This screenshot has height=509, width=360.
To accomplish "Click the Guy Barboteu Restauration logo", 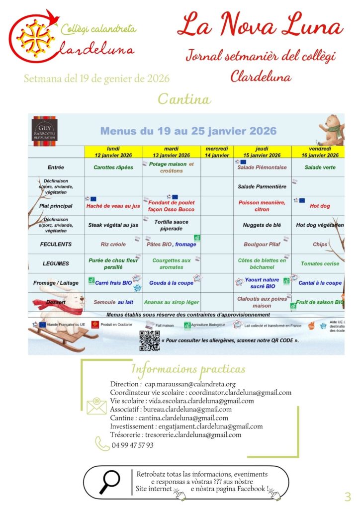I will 45,131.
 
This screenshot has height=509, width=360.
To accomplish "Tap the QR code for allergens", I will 149,340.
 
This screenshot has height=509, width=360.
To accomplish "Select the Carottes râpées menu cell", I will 113,168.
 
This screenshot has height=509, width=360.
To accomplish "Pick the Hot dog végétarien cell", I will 320,225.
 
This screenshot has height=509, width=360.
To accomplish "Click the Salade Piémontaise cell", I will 262,168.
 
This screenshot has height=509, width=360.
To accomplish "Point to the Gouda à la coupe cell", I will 171,283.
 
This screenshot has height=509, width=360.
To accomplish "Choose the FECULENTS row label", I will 56,245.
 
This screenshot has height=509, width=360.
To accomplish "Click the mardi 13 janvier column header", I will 171,152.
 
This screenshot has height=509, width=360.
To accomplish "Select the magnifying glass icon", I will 109,481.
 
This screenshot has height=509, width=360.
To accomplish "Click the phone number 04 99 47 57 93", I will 132,445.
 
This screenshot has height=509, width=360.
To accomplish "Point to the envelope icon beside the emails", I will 96,406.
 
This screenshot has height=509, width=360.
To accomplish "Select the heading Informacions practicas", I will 188,369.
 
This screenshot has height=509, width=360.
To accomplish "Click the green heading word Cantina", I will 184,99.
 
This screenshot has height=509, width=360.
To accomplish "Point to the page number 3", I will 348,496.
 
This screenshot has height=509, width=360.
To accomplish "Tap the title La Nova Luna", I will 260,25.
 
